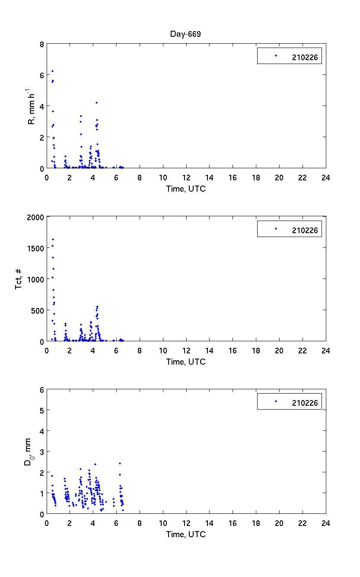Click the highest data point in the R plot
(52, 71)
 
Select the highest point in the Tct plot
(53, 239)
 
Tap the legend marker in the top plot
(276, 55)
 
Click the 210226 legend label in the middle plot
(305, 231)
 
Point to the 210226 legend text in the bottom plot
(305, 403)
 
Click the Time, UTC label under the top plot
(186, 189)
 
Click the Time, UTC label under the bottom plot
(186, 535)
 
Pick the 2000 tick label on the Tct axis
(36, 217)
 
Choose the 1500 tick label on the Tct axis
(36, 248)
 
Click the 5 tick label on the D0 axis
(41, 410)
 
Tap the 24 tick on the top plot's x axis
(325, 177)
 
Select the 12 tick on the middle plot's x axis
(186, 350)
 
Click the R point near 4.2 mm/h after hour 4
(96, 103)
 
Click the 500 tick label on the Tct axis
(38, 311)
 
